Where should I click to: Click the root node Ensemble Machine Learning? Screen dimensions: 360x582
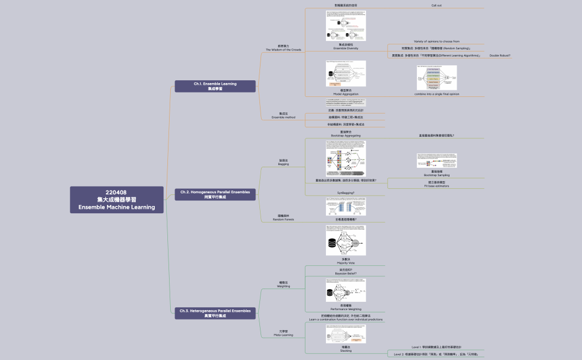pyautogui.click(x=116, y=200)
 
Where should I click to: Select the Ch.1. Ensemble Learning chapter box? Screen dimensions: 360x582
pyautogui.click(x=215, y=86)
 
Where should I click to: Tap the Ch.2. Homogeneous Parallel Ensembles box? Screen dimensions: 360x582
pyautogui.click(x=215, y=194)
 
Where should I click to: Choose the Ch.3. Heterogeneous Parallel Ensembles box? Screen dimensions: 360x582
pyautogui.click(x=215, y=313)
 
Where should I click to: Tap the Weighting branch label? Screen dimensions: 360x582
pyautogui.click(x=283, y=285)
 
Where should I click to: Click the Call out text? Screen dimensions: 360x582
pyautogui.click(x=436, y=6)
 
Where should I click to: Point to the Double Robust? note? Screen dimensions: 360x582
pyautogui.click(x=500, y=56)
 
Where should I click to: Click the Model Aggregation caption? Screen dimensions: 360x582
pyautogui.click(x=345, y=92)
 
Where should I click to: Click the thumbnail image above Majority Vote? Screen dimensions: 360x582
pyautogui.click(x=345, y=240)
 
